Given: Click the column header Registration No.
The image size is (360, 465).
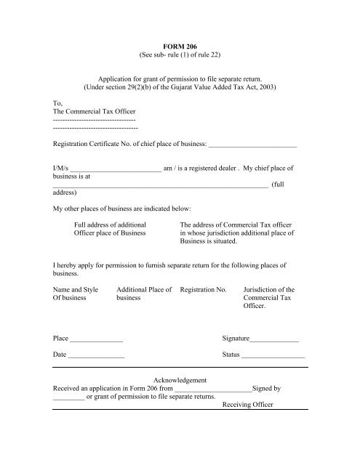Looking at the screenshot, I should (x=203, y=289).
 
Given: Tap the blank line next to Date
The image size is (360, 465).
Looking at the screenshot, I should (x=96, y=355).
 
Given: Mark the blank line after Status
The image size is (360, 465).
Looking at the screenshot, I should (x=273, y=355).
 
